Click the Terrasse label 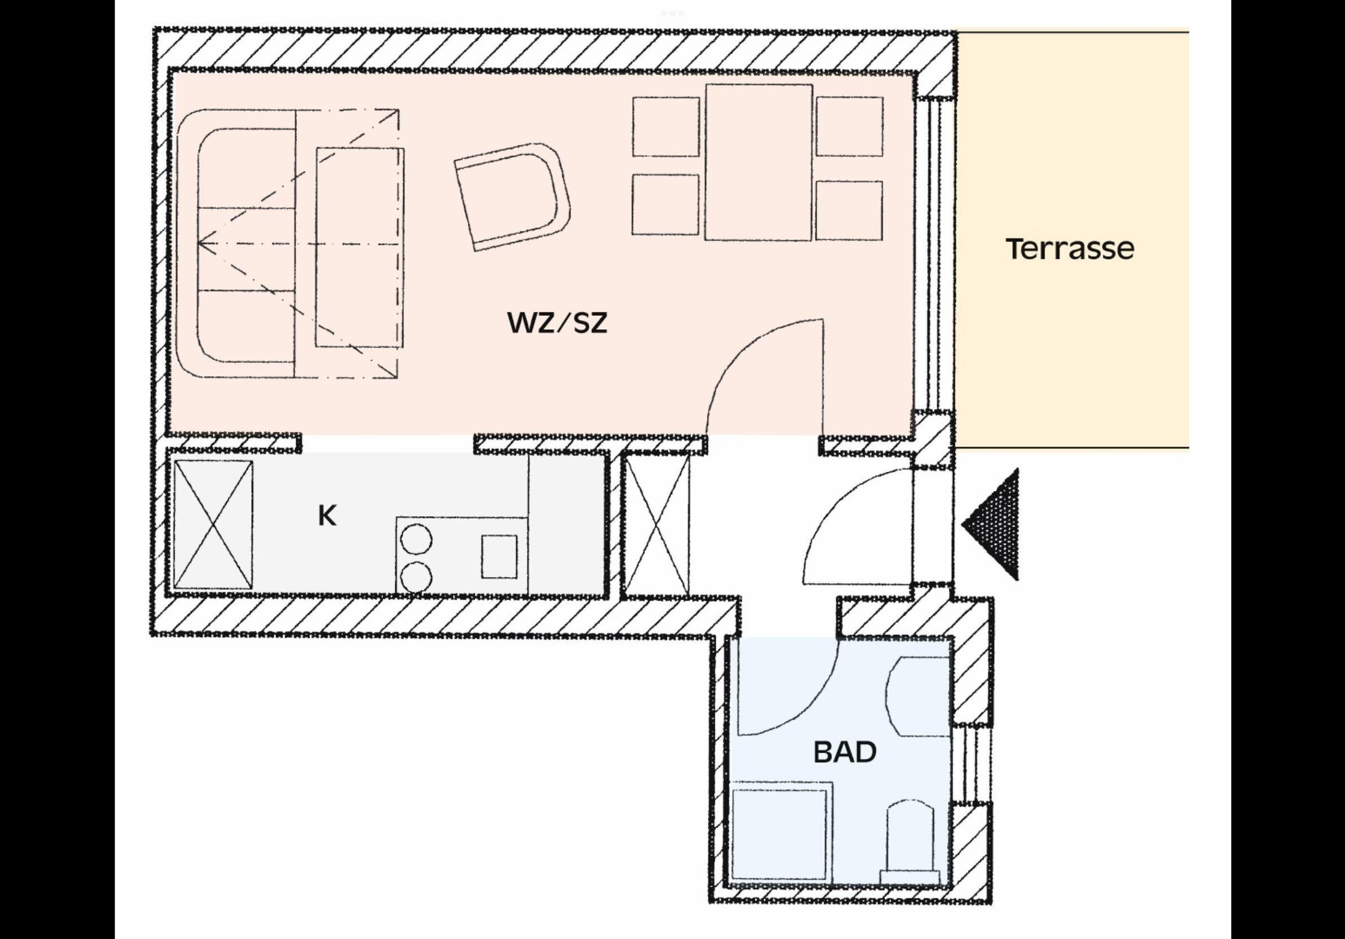point(1070,249)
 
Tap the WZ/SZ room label point(557,323)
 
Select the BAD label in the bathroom point(845,752)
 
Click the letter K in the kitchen point(327,516)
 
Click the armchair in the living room point(513,196)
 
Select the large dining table point(759,162)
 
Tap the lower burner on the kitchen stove point(417,577)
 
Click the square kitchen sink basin point(499,556)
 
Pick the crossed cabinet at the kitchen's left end point(214,524)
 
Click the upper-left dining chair point(666,127)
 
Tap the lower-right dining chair point(849,210)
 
